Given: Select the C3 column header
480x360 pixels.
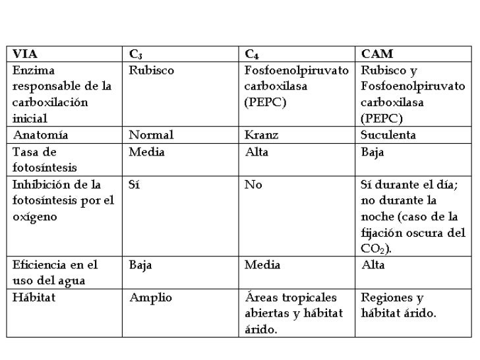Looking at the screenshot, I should coord(135,54).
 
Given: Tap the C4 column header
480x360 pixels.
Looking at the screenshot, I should coord(251,54).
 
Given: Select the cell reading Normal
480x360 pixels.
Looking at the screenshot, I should coord(151,135).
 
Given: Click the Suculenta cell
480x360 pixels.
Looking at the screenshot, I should coord(392,135).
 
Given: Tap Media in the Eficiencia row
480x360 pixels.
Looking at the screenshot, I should coord(262,265).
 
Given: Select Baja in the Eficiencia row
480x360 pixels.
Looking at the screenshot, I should coord(141,265).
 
